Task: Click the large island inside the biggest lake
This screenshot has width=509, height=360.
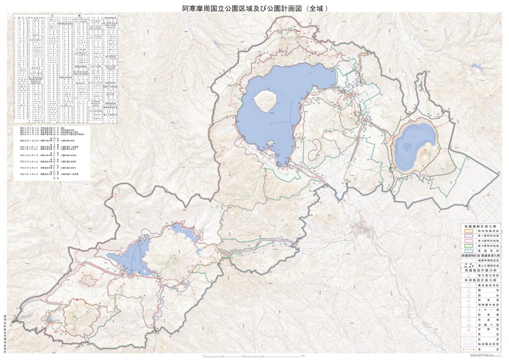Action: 265,101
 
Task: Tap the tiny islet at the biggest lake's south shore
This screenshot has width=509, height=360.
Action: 270,144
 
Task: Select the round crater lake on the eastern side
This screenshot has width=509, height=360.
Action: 414,145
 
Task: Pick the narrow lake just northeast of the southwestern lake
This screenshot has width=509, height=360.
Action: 184,232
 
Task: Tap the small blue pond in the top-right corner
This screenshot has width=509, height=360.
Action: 478,66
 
